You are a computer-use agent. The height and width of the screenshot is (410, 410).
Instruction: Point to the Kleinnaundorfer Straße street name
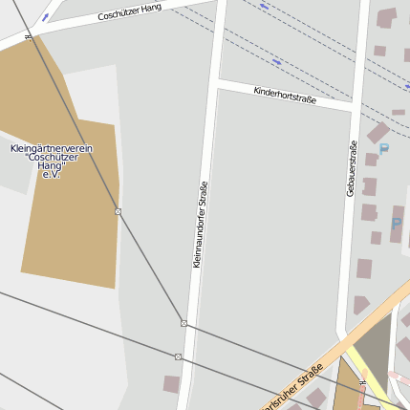pos(201,225)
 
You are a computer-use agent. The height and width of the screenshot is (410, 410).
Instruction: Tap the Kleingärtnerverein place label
pos(51,162)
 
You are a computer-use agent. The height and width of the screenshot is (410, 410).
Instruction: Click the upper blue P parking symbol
pos(384,149)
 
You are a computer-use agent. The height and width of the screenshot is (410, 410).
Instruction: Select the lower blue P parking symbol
pos(397,224)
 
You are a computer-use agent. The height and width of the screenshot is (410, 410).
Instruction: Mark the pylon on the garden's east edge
pos(118,211)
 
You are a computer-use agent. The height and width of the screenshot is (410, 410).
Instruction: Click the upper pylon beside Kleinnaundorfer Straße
pos(183,323)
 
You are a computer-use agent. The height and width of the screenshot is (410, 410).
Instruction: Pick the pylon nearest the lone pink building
pos(178,356)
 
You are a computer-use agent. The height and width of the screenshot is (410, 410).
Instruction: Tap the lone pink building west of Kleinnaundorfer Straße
pos(171,384)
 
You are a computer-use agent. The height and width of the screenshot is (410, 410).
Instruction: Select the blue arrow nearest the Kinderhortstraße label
pos(277,62)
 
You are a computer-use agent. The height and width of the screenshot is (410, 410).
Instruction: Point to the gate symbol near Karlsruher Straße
pos(362,385)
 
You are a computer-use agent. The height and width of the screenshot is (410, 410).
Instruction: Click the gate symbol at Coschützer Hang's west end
pos(29,37)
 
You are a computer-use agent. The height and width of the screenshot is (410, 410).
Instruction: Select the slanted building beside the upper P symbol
pos(378,132)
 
